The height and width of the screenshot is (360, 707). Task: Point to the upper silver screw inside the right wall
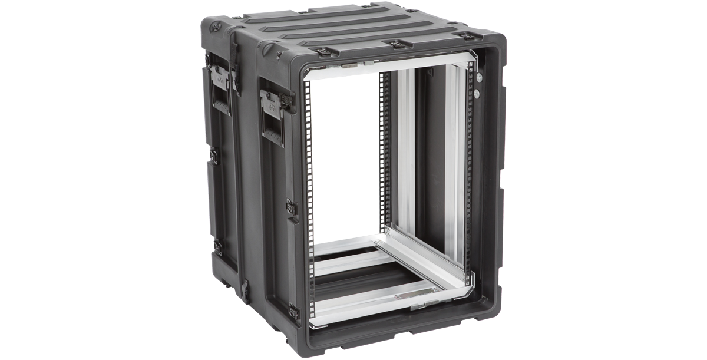point(480,77)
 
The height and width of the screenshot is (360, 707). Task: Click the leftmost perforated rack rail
point(308,200)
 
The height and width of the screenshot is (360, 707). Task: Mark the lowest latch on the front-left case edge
point(292,309)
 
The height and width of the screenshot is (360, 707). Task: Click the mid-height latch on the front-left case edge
point(292,208)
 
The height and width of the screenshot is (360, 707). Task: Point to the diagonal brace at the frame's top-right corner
point(473,59)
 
